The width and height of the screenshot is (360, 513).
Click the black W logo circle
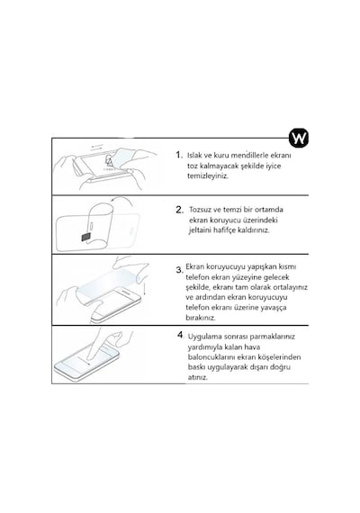click(x=299, y=139)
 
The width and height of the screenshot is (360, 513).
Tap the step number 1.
click(x=179, y=155)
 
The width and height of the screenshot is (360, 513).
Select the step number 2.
click(x=179, y=210)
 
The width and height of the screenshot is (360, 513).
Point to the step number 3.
click(x=179, y=270)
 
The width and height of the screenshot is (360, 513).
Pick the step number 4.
click(x=181, y=335)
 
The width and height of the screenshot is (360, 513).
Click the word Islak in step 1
click(x=194, y=155)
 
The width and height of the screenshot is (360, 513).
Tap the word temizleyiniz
click(x=208, y=176)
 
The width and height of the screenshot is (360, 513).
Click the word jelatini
click(x=200, y=230)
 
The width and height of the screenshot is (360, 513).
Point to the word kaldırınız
click(x=253, y=230)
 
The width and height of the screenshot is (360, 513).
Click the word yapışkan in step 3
click(x=262, y=267)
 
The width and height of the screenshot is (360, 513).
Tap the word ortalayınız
click(x=291, y=287)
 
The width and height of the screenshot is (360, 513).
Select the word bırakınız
click(x=201, y=318)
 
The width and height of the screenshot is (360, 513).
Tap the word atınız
click(x=198, y=377)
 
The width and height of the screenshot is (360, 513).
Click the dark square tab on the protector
click(x=86, y=237)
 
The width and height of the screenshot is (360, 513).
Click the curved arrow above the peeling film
click(x=121, y=200)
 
